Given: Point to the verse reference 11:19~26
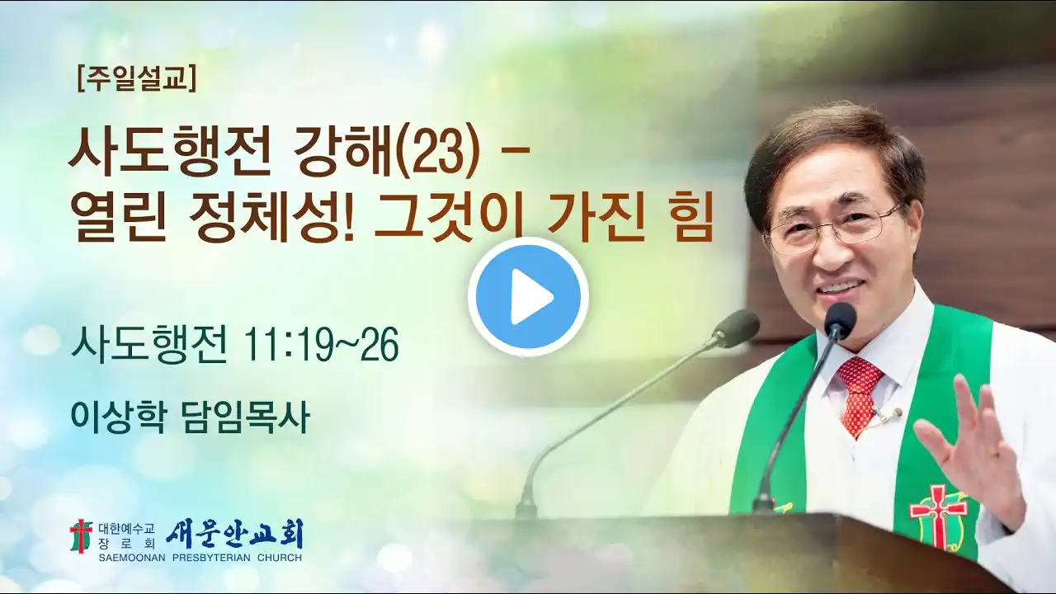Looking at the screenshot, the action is point(321,346).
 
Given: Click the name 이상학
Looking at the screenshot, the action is point(118,417).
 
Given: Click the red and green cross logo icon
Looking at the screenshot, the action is point(81,536).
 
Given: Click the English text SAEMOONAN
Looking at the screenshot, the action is point(132,559).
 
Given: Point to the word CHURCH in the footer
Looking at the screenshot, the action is point(280,559).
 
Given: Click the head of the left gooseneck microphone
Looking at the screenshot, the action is point(737,325).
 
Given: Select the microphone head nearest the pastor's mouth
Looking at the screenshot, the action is point(840,319).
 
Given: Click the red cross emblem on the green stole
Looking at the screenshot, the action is point(938,517).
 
